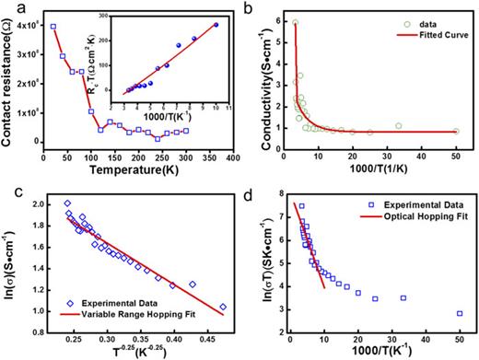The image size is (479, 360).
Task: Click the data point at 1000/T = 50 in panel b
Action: point(456,131)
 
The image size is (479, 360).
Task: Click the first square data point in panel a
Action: point(53,27)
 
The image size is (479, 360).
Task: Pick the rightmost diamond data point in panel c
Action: point(222,307)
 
